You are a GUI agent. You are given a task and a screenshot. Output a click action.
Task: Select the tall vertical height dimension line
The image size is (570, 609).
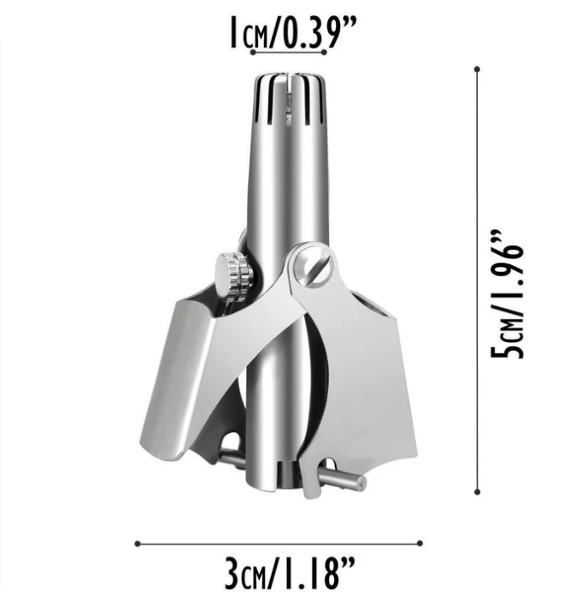point(476,282)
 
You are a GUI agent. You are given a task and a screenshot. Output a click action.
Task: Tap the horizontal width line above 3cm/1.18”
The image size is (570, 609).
point(278,542)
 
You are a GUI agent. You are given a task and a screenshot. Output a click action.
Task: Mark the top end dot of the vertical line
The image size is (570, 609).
point(476,69)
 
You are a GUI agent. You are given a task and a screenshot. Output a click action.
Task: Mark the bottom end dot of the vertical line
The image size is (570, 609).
point(476,491)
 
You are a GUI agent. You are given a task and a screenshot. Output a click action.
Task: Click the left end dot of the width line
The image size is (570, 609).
point(137,542)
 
